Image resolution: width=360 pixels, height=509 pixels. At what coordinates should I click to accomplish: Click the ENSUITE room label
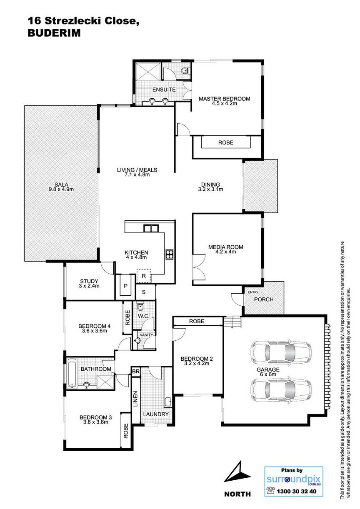pos(164,90)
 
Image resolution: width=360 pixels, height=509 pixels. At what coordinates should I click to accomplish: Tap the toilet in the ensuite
pos(185,71)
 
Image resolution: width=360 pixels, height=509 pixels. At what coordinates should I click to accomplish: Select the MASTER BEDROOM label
pos(224,99)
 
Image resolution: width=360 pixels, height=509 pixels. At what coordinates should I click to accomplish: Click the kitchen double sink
pos(150,228)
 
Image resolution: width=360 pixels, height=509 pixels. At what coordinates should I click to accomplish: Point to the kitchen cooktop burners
pos(170,254)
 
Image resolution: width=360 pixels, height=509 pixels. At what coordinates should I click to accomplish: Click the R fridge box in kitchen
pos(144,276)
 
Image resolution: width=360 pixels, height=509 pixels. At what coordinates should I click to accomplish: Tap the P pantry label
pos(125,286)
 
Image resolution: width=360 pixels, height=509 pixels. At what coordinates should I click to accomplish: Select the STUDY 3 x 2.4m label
pos(89,283)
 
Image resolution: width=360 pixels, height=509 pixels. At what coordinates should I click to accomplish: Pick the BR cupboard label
pos(136,372)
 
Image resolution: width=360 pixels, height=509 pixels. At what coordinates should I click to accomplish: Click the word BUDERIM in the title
pos(54,33)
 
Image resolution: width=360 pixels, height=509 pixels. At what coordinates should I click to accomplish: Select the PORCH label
pos(264,299)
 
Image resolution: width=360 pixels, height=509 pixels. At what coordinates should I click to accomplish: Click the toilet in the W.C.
pos(140,307)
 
